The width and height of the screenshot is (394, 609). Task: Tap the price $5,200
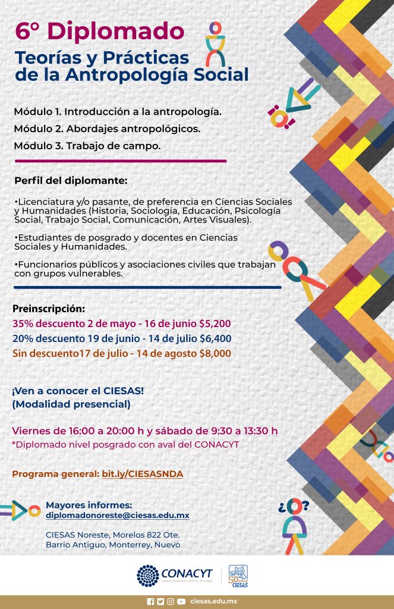pyautogui.click(x=214, y=324)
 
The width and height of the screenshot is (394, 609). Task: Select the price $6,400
pyautogui.click(x=215, y=339)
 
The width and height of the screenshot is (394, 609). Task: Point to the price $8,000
pyautogui.click(x=215, y=353)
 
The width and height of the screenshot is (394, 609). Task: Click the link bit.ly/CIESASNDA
pyautogui.click(x=143, y=473)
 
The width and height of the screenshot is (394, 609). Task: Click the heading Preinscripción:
pyautogui.click(x=49, y=309)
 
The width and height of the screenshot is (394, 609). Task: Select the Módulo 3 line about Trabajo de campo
pyautogui.click(x=87, y=145)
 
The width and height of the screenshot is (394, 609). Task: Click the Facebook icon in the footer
pyautogui.click(x=150, y=601)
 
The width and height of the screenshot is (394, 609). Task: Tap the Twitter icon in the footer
pyautogui.click(x=160, y=601)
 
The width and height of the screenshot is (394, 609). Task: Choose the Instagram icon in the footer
pyautogui.click(x=171, y=601)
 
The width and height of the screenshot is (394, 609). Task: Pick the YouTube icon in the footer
pyautogui.click(x=181, y=601)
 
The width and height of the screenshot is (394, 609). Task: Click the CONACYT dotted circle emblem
pyautogui.click(x=148, y=576)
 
